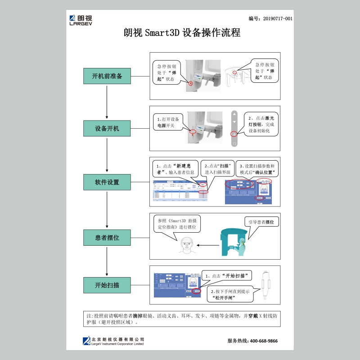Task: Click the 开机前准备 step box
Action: pyautogui.click(x=107, y=76)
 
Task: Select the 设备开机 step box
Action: pyautogui.click(x=107, y=128)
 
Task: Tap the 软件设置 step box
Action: pyautogui.click(x=107, y=182)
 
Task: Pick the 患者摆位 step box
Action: pyautogui.click(x=107, y=237)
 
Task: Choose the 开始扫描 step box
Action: pyautogui.click(x=107, y=285)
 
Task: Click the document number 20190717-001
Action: pyautogui.click(x=270, y=18)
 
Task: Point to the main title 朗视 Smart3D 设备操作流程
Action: pyautogui.click(x=182, y=33)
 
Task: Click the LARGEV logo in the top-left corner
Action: pyautogui.click(x=81, y=21)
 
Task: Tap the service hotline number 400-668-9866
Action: pyautogui.click(x=252, y=341)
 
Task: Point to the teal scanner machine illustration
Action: pyautogui.click(x=234, y=243)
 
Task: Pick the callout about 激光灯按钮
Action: pyautogui.click(x=261, y=124)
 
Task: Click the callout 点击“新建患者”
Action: pyautogui.click(x=174, y=169)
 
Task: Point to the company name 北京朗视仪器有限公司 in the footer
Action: pyautogui.click(x=117, y=339)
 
